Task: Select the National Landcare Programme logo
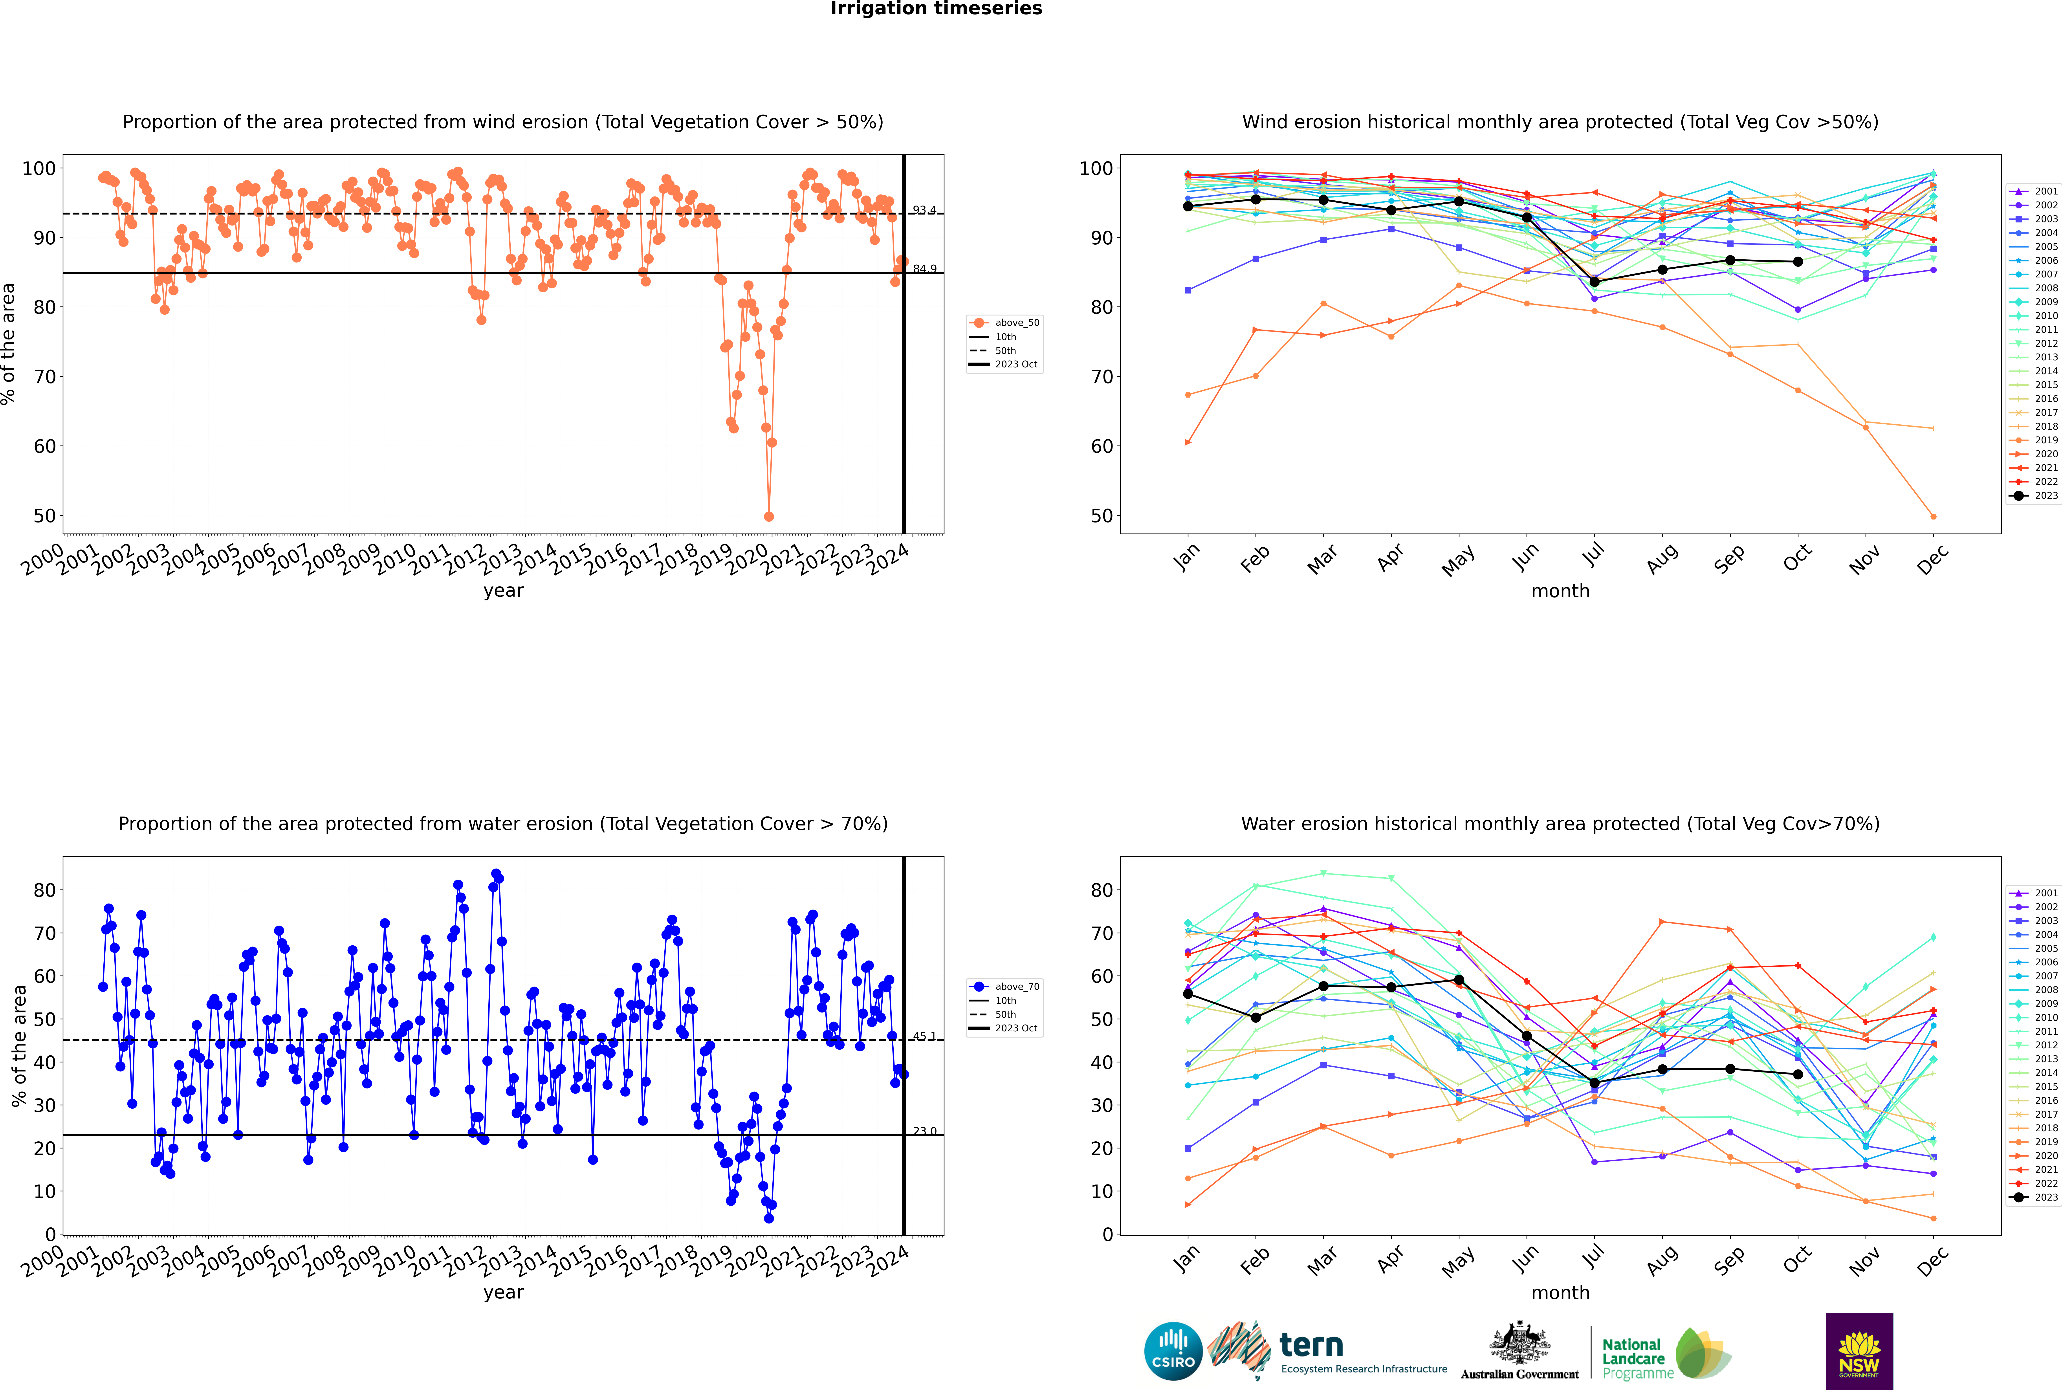click(1665, 1354)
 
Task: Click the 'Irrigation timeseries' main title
click(936, 9)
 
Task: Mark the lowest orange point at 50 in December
click(1934, 516)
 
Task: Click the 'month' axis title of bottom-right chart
click(1560, 1293)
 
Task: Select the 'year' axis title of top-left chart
click(503, 590)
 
